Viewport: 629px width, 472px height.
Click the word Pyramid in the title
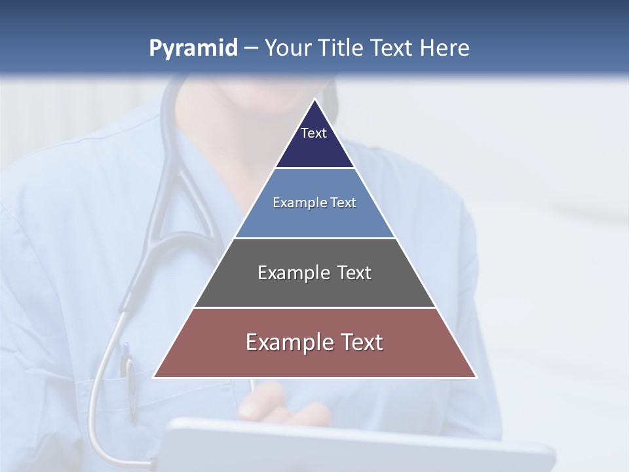coord(193,49)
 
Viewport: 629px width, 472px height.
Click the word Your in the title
coord(289,49)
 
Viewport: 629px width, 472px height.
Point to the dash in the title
coord(251,49)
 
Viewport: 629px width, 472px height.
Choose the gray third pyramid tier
coord(314,288)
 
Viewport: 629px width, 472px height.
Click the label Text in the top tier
coord(314,133)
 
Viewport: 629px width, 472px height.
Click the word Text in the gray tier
coord(354,273)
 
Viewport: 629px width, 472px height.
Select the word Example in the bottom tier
coord(288,342)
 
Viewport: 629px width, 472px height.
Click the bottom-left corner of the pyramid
coord(153,378)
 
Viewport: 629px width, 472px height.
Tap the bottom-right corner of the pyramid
coord(476,378)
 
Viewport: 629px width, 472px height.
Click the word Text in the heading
coord(393,49)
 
